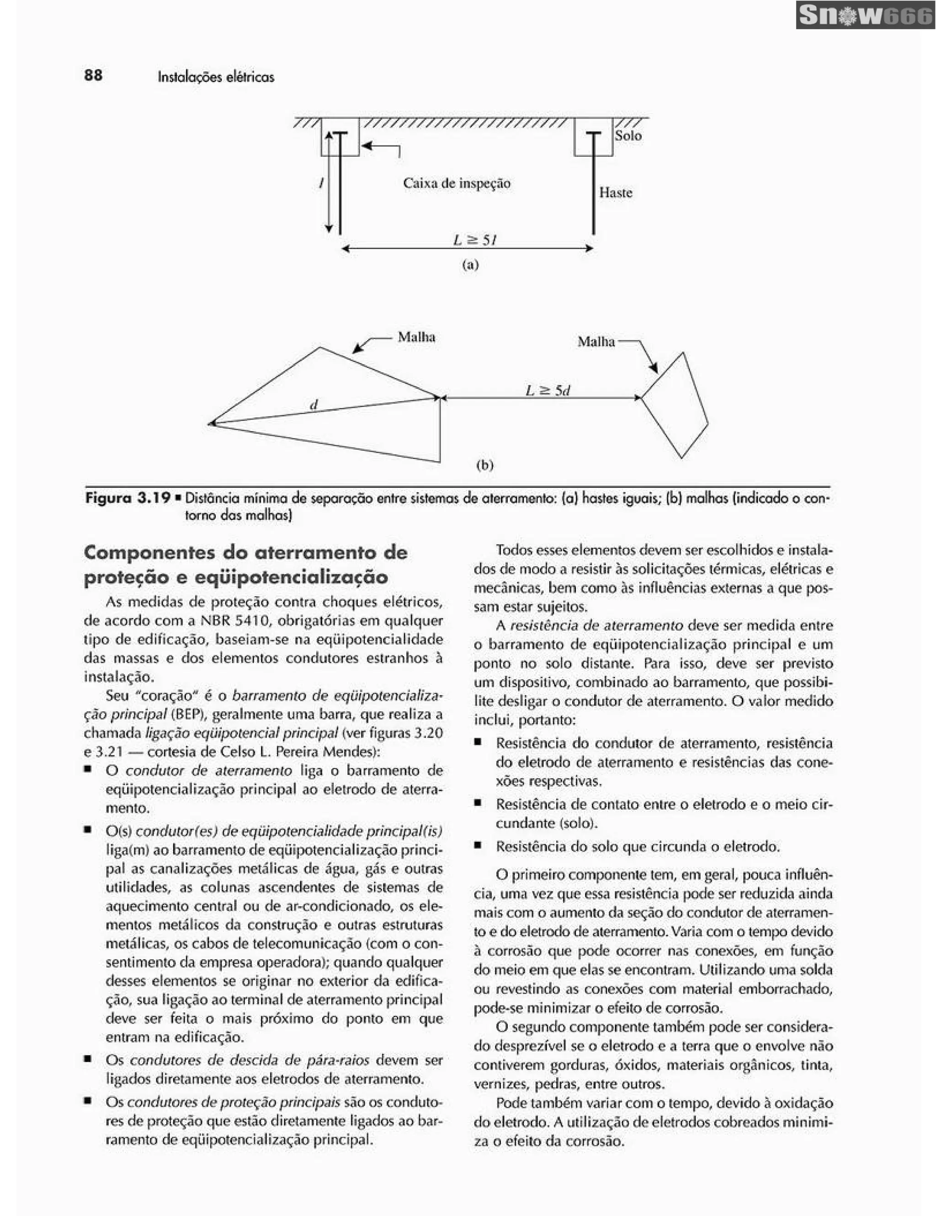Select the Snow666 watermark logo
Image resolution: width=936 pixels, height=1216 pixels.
[x=865, y=16]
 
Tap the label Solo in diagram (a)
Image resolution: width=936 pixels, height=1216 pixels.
[x=628, y=136]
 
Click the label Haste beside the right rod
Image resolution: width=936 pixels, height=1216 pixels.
[x=616, y=192]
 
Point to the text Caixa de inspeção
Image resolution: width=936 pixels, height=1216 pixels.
[x=456, y=183]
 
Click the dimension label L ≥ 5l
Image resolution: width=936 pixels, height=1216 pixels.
[x=474, y=240]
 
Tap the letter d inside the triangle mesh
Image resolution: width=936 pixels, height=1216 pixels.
[x=314, y=405]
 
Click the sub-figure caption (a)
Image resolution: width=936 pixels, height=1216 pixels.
[x=470, y=265]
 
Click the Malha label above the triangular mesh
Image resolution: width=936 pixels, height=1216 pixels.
[x=416, y=337]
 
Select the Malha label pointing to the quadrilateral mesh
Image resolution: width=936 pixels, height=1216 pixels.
[x=596, y=341]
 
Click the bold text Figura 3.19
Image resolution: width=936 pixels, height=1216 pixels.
[x=128, y=498]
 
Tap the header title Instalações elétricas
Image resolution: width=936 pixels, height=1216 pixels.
[x=216, y=77]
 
